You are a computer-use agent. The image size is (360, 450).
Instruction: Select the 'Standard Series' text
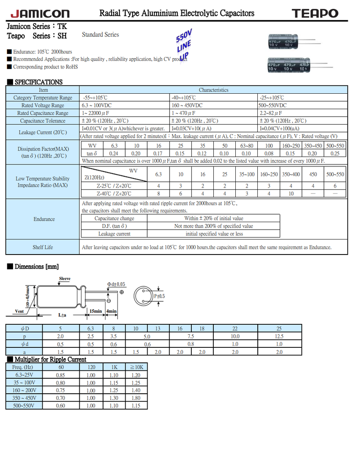point(100,35)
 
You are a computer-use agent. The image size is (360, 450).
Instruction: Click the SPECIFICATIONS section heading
point(38,82)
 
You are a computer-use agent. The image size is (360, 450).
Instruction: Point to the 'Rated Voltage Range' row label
point(43,105)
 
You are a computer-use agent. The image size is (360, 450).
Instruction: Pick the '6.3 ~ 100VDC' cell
point(99,105)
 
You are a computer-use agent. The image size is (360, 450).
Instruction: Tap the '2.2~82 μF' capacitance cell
point(270,113)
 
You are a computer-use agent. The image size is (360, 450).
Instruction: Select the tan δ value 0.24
point(113,153)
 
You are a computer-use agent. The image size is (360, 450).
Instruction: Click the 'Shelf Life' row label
point(43,247)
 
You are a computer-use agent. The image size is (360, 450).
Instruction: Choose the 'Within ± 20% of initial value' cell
point(214,218)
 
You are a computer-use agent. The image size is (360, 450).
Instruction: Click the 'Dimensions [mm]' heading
point(36,267)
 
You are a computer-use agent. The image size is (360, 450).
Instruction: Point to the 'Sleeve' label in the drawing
point(65,279)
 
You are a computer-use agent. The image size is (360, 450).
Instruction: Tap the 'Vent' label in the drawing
point(19,311)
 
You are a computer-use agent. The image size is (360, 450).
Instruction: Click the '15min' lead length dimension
point(96,311)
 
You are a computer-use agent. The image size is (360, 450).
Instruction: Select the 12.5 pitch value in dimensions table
point(279,336)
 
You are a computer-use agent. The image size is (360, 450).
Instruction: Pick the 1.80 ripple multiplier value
point(135,398)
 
